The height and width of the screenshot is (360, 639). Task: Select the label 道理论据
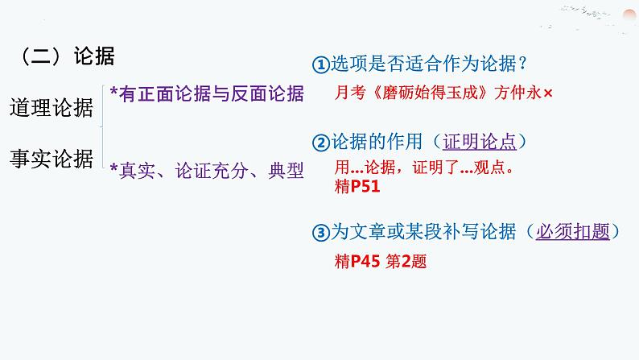click(52, 107)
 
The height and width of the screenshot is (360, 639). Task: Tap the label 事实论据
click(52, 159)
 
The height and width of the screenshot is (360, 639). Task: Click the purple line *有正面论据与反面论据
click(207, 95)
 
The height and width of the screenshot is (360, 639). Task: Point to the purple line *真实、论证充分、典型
click(207, 170)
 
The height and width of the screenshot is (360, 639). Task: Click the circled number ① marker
click(320, 64)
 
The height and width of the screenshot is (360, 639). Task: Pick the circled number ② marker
click(320, 143)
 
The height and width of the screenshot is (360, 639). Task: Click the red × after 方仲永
click(548, 94)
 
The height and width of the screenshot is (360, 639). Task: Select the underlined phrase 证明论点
click(480, 142)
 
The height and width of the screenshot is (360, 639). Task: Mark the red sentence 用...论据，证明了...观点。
click(423, 170)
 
